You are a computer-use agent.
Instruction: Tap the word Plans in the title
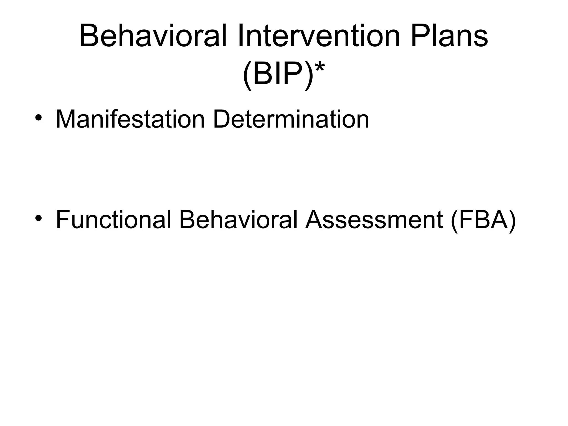point(449,36)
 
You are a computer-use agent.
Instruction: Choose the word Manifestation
point(130,119)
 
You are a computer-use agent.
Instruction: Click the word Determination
point(291,119)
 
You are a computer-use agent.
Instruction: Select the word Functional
point(113,220)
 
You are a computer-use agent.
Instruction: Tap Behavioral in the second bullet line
point(238,220)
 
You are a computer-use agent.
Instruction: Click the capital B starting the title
point(88,36)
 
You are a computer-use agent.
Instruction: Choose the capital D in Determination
point(222,119)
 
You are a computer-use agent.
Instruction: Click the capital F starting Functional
point(62,220)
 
